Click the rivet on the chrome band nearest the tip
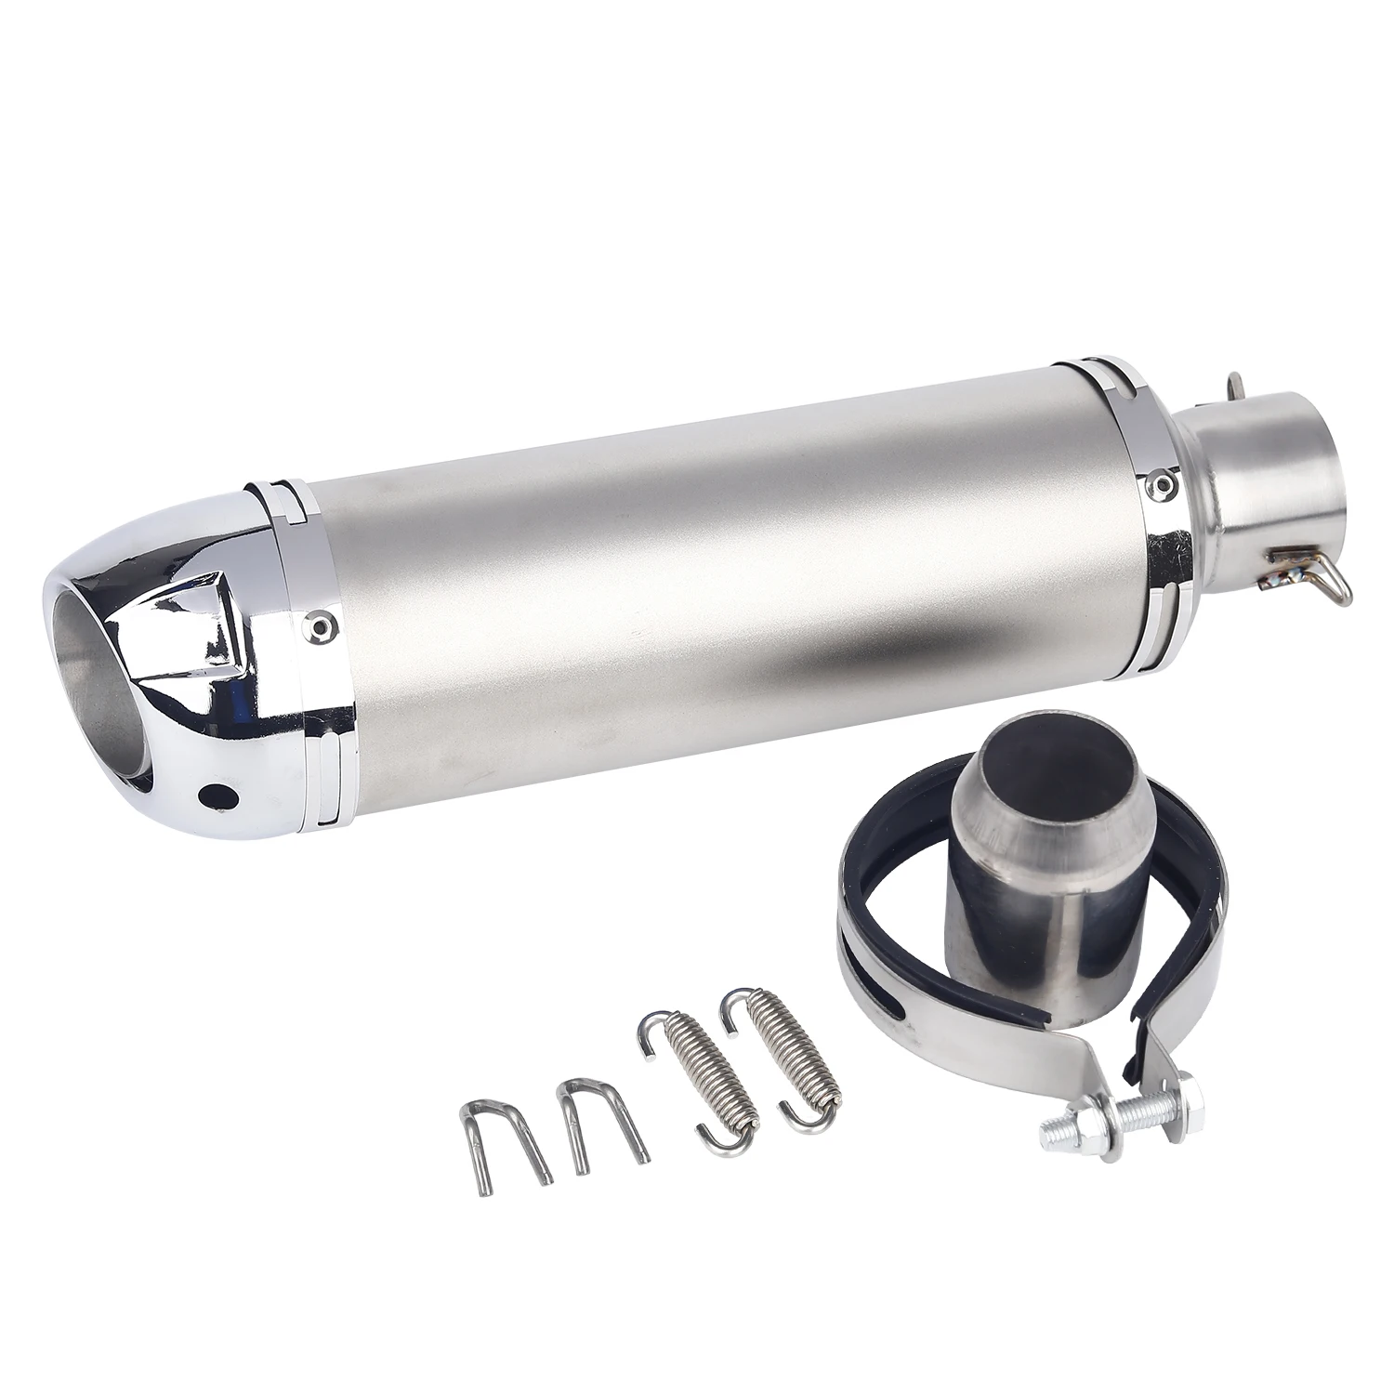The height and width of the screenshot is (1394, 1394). click(x=321, y=624)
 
